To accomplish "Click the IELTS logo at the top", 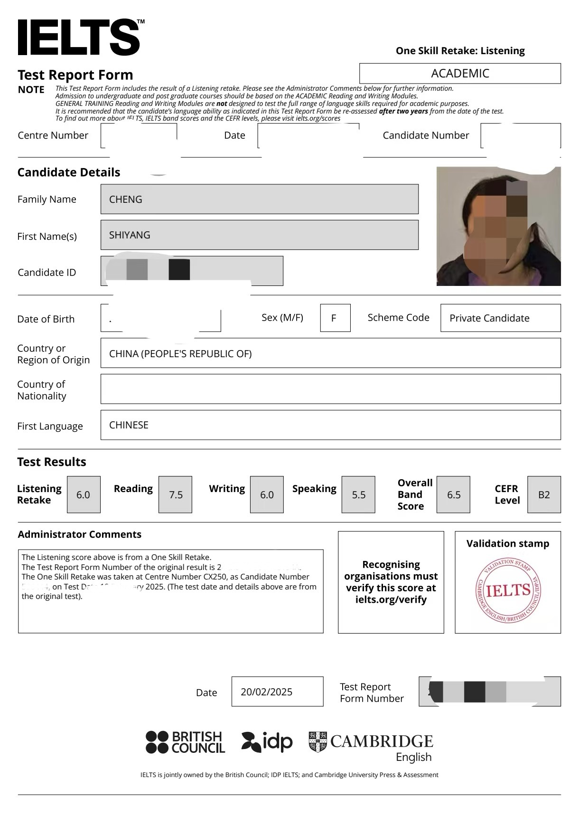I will [x=79, y=38].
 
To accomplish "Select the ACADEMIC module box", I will [x=460, y=74].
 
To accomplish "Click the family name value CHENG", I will [x=126, y=199].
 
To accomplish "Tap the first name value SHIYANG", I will [x=130, y=235].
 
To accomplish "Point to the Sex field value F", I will [x=334, y=318].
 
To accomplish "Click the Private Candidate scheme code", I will [x=489, y=318].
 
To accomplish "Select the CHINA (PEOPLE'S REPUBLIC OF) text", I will [x=180, y=354].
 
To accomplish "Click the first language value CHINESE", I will [x=129, y=425].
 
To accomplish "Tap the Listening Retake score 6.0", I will [x=83, y=495].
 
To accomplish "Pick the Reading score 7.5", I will [x=176, y=495].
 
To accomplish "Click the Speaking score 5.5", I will [x=359, y=495].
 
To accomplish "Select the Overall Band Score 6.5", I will [x=454, y=495].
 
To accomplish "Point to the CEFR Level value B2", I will [x=544, y=495].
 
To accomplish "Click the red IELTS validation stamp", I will [x=508, y=590].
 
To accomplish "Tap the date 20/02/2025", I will [x=266, y=692].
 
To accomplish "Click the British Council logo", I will [x=185, y=742].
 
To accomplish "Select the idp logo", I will [x=267, y=742].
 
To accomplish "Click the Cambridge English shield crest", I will [x=318, y=742].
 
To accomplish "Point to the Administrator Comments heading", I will [x=80, y=534].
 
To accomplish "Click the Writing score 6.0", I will [x=267, y=495].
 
